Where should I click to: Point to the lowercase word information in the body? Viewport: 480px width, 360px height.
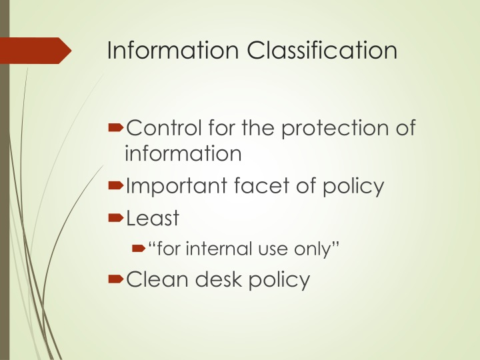[182, 153]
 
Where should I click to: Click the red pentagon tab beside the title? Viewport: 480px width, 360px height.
[36, 51]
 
